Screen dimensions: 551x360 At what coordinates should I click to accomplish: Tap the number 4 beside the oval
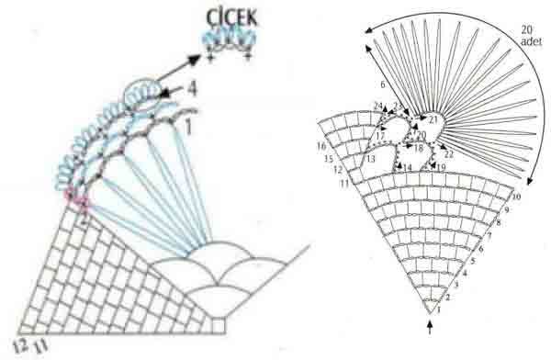(x=190, y=90)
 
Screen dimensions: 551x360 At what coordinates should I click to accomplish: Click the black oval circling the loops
(x=141, y=95)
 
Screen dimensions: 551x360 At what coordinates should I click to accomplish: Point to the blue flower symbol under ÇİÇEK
(x=229, y=40)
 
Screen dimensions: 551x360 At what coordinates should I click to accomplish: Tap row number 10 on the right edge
(x=516, y=197)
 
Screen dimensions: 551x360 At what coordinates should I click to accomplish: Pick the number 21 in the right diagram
(x=433, y=119)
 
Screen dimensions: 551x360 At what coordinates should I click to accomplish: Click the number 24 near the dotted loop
(x=378, y=106)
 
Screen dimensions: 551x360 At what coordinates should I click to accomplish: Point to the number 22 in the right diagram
(x=448, y=153)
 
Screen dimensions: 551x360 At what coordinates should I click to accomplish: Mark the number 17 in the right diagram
(x=379, y=136)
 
